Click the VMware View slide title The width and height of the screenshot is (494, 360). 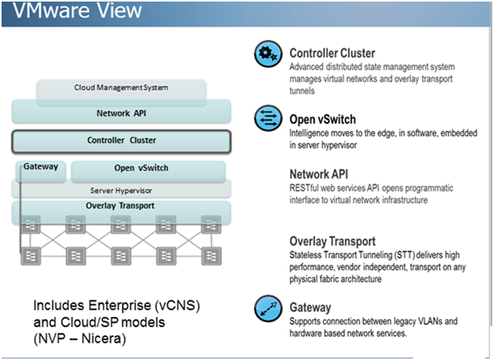(76, 12)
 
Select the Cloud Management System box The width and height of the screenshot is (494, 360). (121, 88)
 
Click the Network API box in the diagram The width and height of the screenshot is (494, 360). (121, 112)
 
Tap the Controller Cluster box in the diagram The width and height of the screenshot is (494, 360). (121, 141)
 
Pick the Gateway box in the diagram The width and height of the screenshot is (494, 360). (39, 167)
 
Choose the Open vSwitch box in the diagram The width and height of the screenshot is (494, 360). (147, 168)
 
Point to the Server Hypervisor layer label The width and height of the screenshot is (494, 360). (121, 189)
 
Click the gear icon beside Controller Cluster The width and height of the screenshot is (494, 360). (267, 55)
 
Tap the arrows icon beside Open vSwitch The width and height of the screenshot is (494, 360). (267, 119)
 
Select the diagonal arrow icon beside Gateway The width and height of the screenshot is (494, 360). (267, 309)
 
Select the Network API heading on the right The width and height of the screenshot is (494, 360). (319, 174)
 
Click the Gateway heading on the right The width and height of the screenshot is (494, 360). (310, 307)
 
